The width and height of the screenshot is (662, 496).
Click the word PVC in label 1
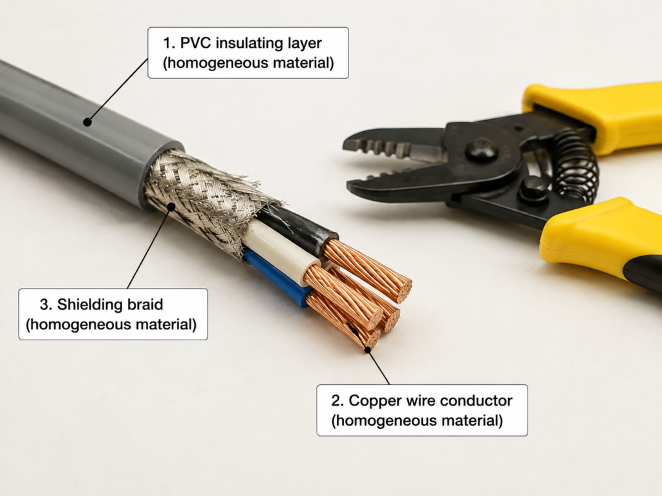point(195,43)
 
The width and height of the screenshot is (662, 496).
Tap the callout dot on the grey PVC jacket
point(87,122)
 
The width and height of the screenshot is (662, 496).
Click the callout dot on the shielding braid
point(171,207)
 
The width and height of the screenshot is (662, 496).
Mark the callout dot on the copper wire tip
point(368,349)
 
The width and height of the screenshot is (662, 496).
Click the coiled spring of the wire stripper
point(575,165)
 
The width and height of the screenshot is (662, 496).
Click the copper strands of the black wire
point(367,270)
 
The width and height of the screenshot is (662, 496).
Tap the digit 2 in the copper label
point(336,400)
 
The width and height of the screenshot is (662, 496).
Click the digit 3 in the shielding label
point(45,305)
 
